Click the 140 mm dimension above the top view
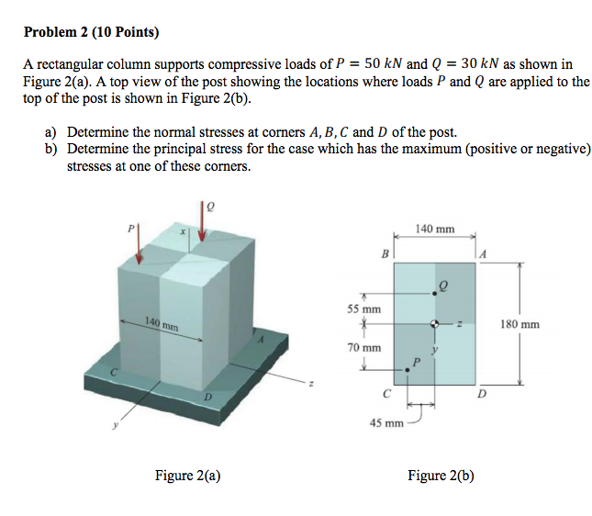pos(434,228)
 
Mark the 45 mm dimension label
pos(386,423)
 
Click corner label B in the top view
pos(385,252)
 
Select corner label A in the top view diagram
pos(482,252)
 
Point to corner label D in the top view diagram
pos(482,395)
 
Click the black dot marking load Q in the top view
pos(434,294)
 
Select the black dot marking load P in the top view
pos(408,369)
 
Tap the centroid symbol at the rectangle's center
pos(434,323)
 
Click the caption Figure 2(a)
pos(187,475)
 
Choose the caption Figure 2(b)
pos(441,475)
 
